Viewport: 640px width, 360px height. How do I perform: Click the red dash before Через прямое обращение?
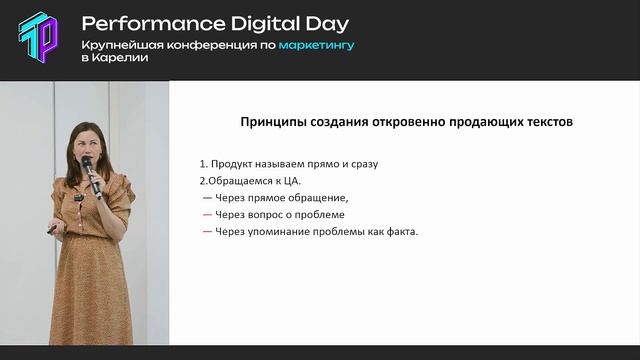coord(207,198)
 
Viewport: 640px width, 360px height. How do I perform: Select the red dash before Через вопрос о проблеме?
coord(207,215)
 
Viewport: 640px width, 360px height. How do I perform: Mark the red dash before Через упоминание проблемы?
coord(207,232)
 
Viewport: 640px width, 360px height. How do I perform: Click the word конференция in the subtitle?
coord(199,45)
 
